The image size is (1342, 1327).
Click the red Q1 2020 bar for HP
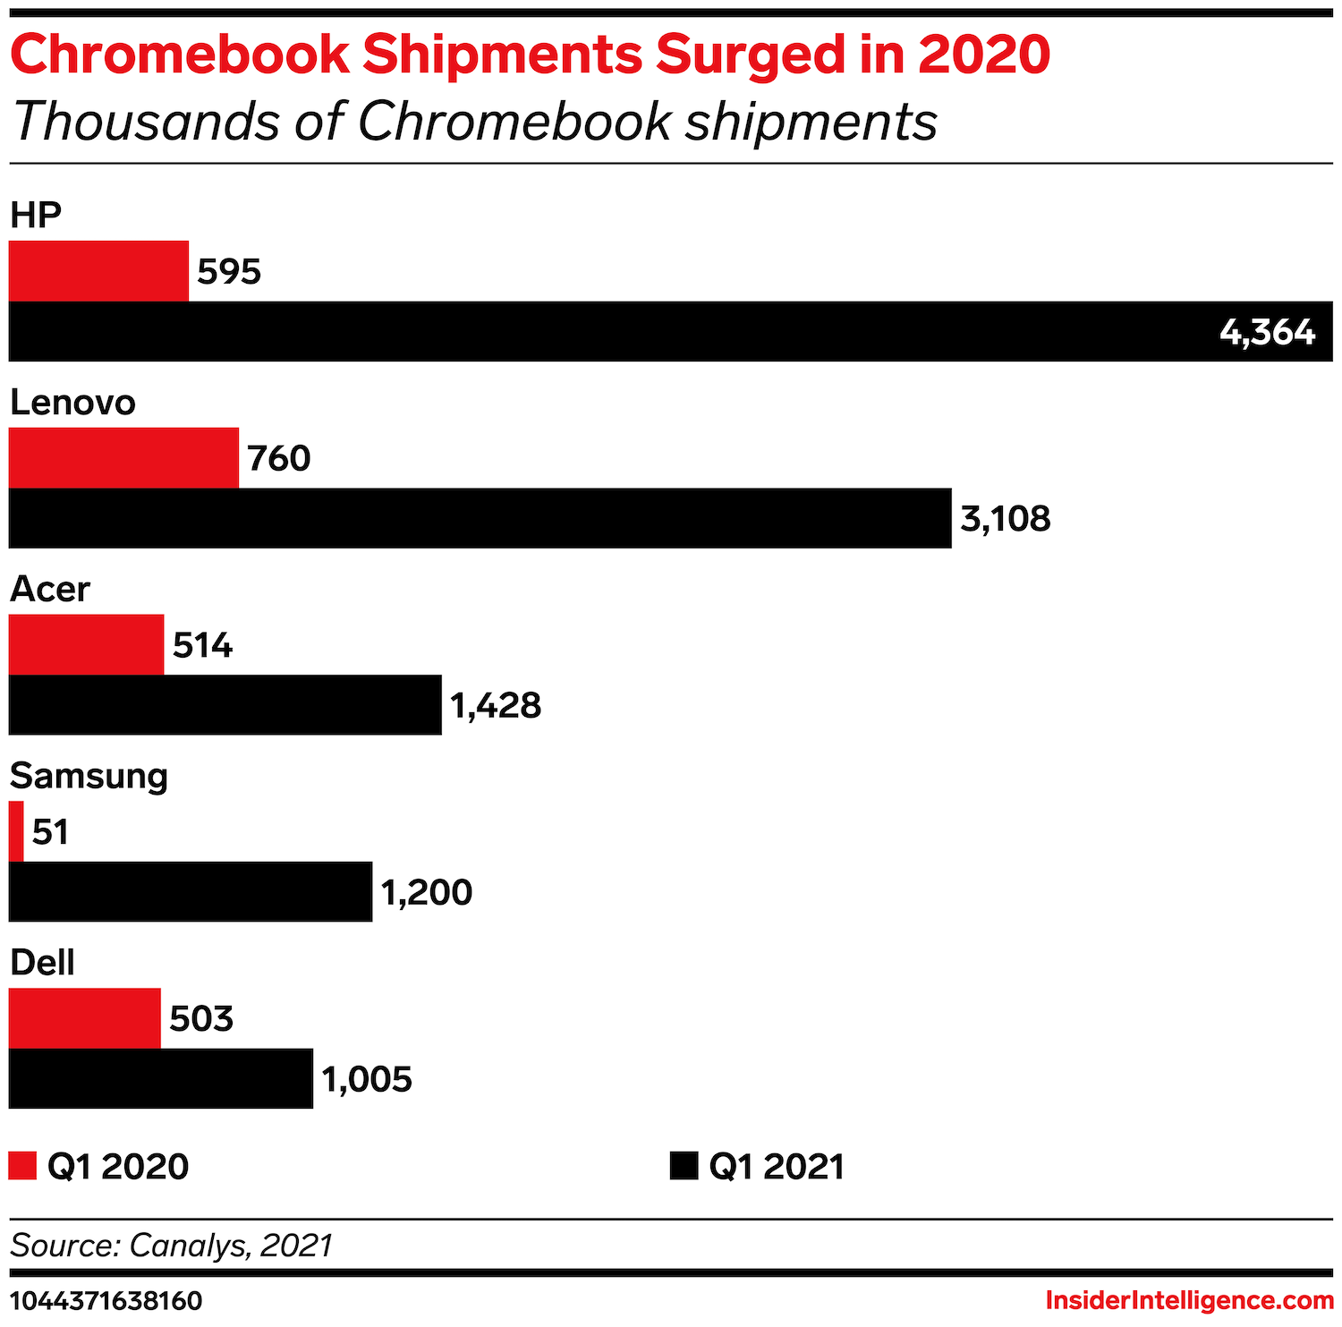98,271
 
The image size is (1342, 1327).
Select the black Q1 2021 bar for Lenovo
480,518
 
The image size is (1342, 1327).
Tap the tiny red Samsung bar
16,831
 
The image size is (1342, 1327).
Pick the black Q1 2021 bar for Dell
161,1078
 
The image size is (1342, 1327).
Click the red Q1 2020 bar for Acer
86,644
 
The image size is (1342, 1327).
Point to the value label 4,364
1267,332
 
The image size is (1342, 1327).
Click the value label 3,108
1005,519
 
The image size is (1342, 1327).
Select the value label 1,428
496,706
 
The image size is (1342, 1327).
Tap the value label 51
50,832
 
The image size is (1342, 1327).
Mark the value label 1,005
367,1079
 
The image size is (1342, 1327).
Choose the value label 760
278,458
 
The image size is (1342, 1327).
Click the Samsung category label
89,776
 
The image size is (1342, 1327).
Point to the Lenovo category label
72,403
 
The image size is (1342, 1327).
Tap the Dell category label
42,963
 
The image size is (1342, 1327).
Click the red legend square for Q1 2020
22,1166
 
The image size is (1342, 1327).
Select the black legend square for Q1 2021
684,1166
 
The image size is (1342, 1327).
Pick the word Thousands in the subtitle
147,121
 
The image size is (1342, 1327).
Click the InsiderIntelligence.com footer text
1189,1300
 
